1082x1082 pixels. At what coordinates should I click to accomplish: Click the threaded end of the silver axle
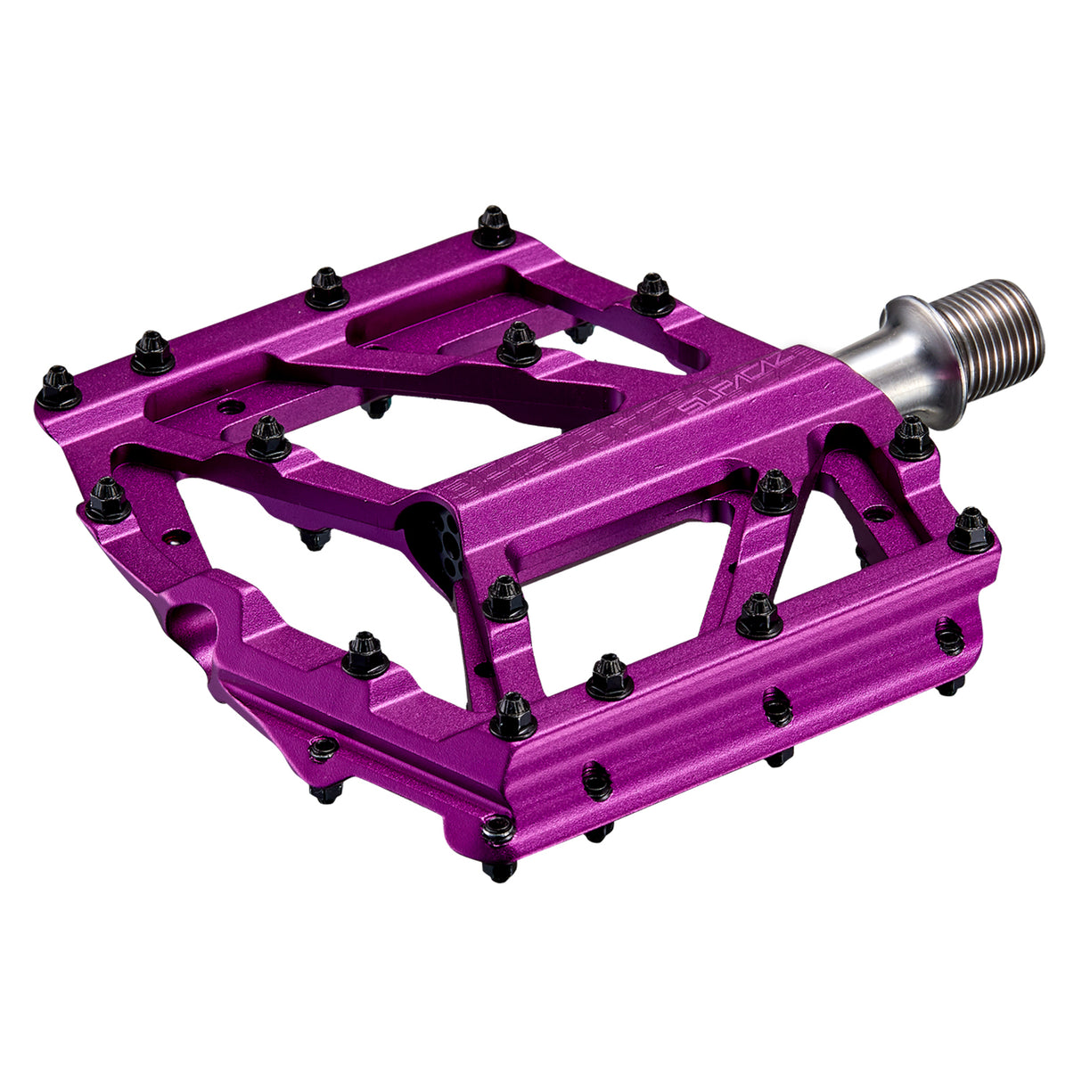point(994,332)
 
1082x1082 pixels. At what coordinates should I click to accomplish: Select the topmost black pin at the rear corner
point(493,227)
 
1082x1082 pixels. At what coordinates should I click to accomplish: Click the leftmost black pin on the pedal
point(59,387)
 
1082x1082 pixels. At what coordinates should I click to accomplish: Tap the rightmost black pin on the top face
point(971,530)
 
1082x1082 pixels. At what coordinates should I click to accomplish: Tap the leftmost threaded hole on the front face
point(597,780)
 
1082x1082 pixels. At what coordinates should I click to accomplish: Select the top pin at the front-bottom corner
point(513,716)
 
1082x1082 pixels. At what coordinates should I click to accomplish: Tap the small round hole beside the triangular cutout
point(877,513)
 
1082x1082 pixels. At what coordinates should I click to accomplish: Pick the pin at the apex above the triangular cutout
point(774,492)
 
